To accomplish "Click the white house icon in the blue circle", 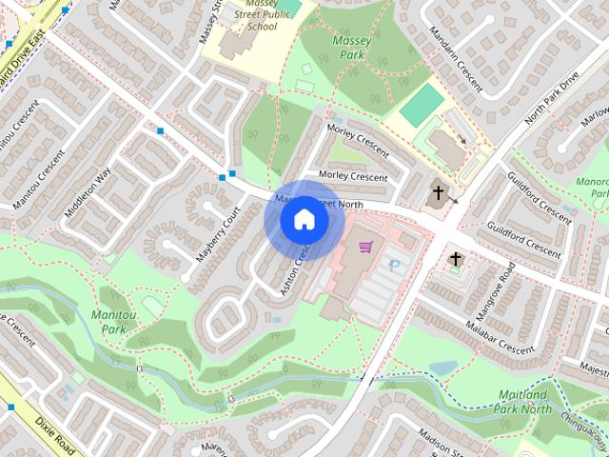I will tap(304, 220).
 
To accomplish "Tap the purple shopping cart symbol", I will tap(365, 247).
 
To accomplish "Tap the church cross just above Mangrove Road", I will tap(456, 258).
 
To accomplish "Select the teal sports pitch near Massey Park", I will tap(422, 105).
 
